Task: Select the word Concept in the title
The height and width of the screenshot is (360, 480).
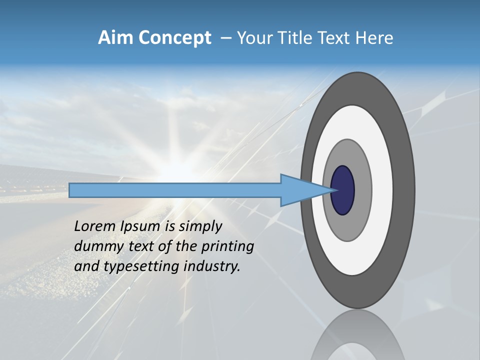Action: [174, 38]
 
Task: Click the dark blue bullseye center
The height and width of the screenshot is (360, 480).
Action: [342, 190]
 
